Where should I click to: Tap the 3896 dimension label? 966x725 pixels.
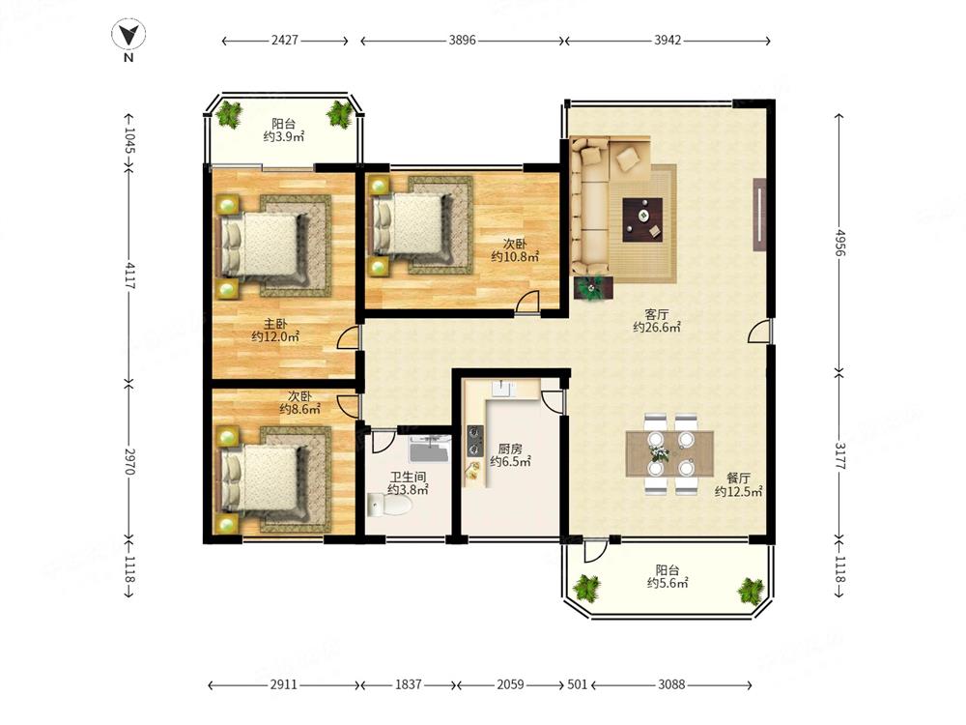coord(462,40)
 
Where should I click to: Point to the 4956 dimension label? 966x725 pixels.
coord(839,243)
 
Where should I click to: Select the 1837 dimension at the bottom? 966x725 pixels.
coord(408,684)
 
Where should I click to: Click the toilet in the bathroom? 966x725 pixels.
coord(388,506)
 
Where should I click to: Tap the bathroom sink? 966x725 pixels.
coord(430,449)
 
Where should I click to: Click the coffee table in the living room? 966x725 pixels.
coord(642,219)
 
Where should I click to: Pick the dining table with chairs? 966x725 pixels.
coord(669,453)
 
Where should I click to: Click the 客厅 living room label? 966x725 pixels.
coord(657,314)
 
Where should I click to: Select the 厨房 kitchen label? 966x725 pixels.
coord(510,449)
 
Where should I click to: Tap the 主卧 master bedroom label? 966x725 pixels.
coord(275,324)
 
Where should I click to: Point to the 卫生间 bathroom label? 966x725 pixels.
coord(408,478)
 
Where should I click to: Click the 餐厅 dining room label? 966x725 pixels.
coord(739,478)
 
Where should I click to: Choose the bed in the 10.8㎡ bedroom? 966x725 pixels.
coord(411,224)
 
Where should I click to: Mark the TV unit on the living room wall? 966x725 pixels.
coord(759,215)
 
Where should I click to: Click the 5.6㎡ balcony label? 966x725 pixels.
coord(668,576)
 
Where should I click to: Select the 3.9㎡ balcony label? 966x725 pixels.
coord(284,130)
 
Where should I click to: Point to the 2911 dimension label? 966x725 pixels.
coord(284,684)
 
